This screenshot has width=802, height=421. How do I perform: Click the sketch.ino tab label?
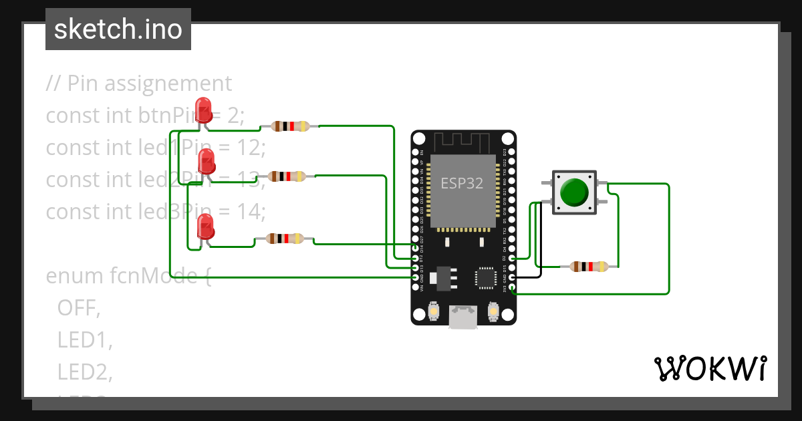[118, 29]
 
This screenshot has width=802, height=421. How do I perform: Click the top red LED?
[203, 109]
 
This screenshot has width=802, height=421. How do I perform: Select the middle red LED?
[207, 161]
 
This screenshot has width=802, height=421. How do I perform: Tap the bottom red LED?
[206, 227]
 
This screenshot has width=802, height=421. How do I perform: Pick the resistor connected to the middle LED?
[287, 176]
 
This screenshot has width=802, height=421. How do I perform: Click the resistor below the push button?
[588, 267]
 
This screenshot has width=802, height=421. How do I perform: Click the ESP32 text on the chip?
[462, 183]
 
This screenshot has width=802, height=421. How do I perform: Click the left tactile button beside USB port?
[434, 311]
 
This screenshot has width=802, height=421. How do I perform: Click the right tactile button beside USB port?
[493, 311]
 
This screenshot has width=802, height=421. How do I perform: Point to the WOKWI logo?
[709, 368]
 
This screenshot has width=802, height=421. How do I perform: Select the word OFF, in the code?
[78, 307]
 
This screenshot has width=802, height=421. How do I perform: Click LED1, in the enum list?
[84, 339]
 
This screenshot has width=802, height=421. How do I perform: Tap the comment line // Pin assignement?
[139, 84]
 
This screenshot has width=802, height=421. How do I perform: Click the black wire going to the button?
[541, 241]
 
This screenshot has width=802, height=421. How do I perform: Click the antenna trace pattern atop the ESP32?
[462, 142]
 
